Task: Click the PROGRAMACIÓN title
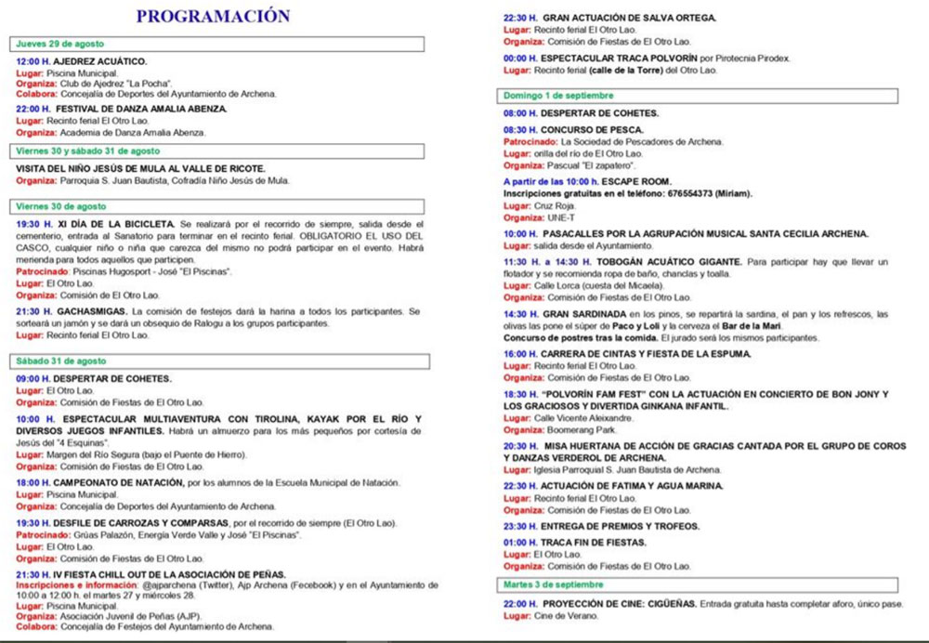pos(213,16)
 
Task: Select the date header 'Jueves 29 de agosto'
pos(60,44)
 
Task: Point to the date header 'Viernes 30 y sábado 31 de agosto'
pos(88,151)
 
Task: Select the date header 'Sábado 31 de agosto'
pos(61,361)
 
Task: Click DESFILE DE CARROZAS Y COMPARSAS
pos(138,523)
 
